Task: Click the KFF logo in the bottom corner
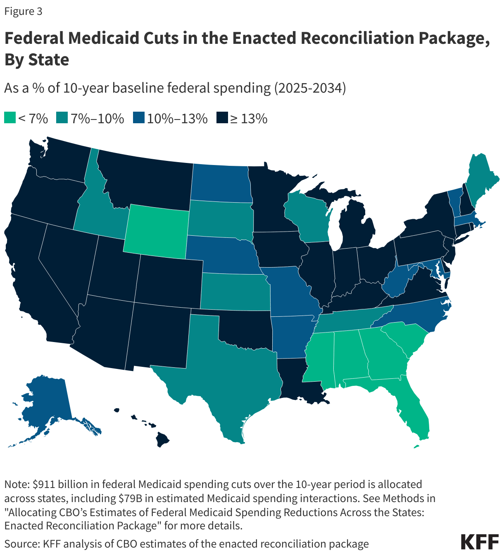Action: [x=479, y=542]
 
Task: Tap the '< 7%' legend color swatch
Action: [x=10, y=118]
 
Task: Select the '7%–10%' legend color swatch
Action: [x=63, y=118]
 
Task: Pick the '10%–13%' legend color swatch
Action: [x=138, y=118]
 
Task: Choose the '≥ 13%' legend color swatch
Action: [x=222, y=118]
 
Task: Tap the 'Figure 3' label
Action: [x=23, y=12]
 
